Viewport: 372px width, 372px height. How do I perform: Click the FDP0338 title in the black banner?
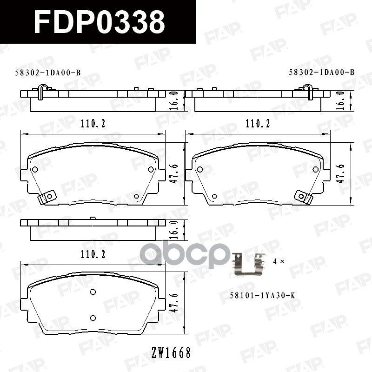(100, 22)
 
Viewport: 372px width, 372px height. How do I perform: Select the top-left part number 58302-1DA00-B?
(48, 73)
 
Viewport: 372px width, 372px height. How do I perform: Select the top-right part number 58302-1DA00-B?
(321, 72)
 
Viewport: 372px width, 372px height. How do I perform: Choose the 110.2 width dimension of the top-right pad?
(258, 124)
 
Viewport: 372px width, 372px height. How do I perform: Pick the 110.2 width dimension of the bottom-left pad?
(93, 254)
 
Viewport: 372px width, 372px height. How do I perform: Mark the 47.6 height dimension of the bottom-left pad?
(174, 297)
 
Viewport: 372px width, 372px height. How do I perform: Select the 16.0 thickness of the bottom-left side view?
(174, 229)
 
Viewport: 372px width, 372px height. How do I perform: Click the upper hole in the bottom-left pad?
(93, 292)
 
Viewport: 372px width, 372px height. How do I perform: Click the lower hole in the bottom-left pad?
(93, 318)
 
